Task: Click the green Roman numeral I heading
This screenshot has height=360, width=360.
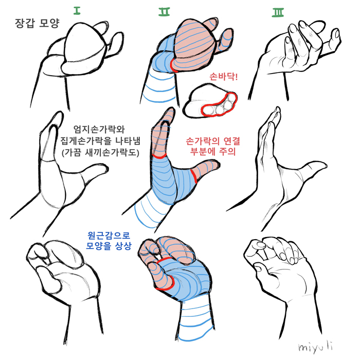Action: coord(77,11)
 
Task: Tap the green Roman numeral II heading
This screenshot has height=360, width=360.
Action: coord(165,11)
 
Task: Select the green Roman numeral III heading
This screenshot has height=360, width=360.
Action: coord(278,12)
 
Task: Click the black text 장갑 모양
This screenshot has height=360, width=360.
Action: coord(37,23)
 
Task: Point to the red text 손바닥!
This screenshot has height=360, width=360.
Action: coord(224,77)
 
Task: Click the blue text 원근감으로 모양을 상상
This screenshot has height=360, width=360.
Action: coord(109,241)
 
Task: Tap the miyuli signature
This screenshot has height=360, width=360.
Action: coord(315,347)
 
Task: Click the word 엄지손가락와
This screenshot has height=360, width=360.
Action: coord(99,130)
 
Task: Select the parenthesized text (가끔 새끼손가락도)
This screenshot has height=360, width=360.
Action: coord(101,152)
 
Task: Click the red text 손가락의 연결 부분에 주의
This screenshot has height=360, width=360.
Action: coord(213,146)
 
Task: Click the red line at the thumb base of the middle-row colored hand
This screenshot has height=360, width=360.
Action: coord(194,176)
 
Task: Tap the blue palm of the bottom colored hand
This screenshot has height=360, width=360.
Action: coord(188,279)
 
